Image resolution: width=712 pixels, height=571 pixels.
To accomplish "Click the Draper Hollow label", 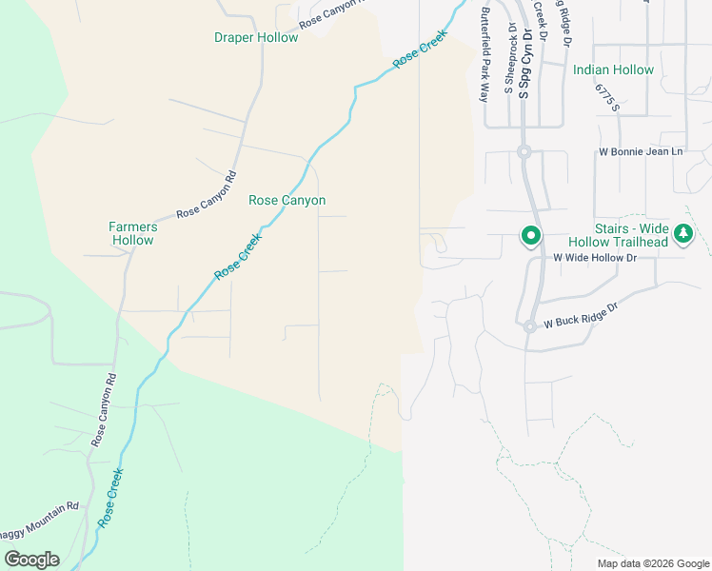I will click(x=256, y=38).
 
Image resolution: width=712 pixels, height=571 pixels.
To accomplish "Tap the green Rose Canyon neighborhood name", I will click(x=287, y=201).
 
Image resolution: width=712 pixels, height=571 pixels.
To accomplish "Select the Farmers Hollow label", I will click(x=131, y=233).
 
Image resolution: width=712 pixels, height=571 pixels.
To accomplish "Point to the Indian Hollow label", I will click(x=613, y=70).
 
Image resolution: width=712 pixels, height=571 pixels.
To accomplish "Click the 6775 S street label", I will click(x=607, y=96).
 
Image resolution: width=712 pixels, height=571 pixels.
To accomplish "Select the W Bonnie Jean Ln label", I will click(x=641, y=152).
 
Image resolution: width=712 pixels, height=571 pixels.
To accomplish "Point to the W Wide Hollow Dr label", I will click(x=594, y=258).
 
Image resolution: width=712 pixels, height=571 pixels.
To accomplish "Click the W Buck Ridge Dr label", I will click(x=581, y=317).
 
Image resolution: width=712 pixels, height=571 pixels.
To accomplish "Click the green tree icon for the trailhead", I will click(x=682, y=234).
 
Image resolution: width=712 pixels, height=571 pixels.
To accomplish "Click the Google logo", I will click(x=31, y=560).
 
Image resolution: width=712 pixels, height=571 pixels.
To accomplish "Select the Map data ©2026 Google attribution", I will click(x=653, y=563).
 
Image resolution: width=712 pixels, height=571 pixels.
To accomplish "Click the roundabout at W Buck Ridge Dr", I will click(x=529, y=326).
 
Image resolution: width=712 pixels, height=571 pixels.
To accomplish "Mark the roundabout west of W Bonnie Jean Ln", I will click(x=524, y=152).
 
